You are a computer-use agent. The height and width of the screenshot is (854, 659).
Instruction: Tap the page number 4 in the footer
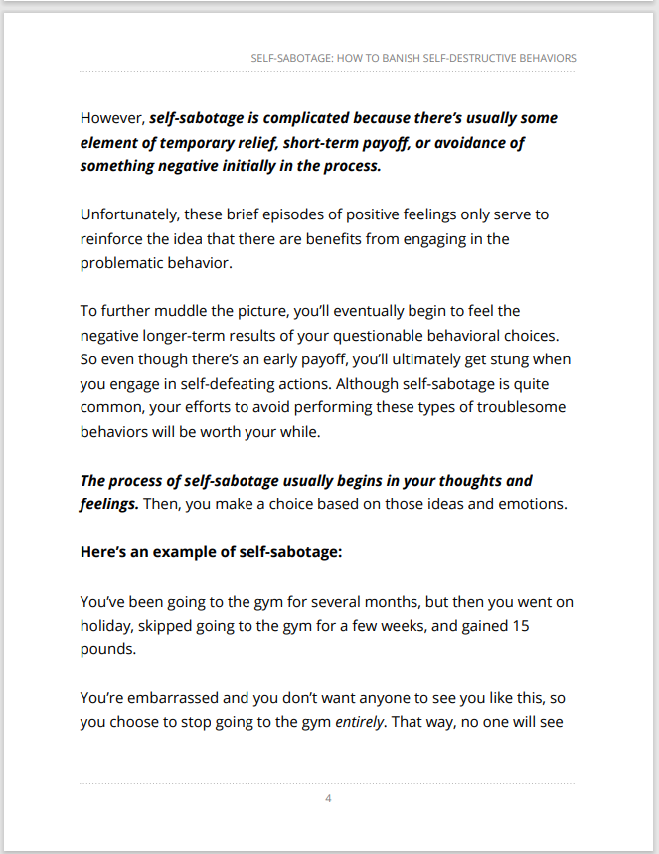(328, 798)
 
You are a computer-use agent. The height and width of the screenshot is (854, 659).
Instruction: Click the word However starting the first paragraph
(112, 118)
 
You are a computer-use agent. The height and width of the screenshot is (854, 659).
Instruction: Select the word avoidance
(461, 142)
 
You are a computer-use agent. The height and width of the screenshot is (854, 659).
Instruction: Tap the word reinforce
(112, 238)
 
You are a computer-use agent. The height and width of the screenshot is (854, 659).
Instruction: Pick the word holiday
(107, 626)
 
